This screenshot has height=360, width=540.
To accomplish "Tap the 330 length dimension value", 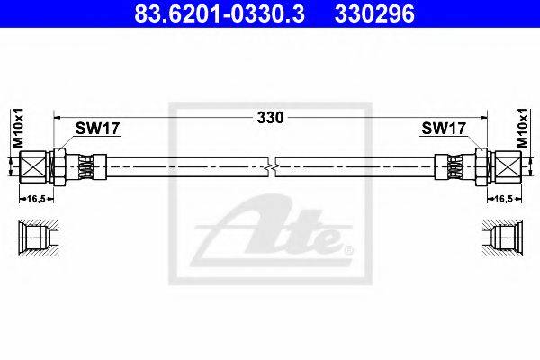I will pos(271,117).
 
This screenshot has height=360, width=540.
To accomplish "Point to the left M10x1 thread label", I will pos(15,122).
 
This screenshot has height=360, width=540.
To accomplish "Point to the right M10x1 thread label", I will pos(525,122).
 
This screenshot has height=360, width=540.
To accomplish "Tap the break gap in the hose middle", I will pos(271,166).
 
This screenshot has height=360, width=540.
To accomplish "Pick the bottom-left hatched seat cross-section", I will pos(36,238).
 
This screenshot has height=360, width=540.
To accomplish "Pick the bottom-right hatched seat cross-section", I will pos(504,238).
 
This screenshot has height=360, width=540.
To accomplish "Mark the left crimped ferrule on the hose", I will pos(86,166).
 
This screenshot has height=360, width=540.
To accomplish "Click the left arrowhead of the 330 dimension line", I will pos(58,117).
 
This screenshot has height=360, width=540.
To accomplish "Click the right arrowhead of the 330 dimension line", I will pos(483,117).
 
